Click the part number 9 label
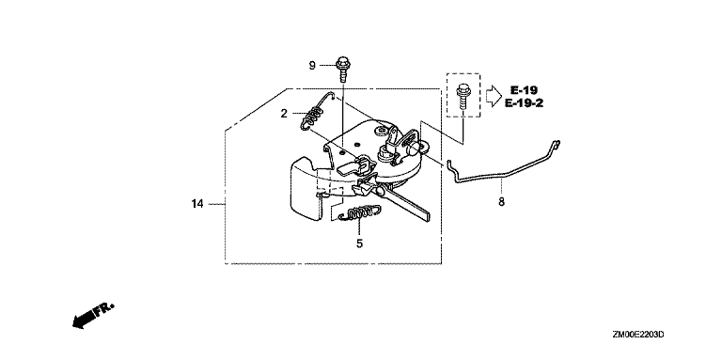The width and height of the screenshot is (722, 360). click(x=312, y=66)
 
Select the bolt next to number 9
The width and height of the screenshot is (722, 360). click(x=342, y=69)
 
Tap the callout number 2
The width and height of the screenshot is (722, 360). click(x=284, y=113)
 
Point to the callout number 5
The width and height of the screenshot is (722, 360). click(x=360, y=243)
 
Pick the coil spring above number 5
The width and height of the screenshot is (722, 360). click(x=360, y=212)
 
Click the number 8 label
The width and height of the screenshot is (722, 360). click(x=501, y=201)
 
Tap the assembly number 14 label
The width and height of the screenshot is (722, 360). click(x=197, y=203)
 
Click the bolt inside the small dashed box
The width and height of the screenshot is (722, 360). click(x=462, y=97)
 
